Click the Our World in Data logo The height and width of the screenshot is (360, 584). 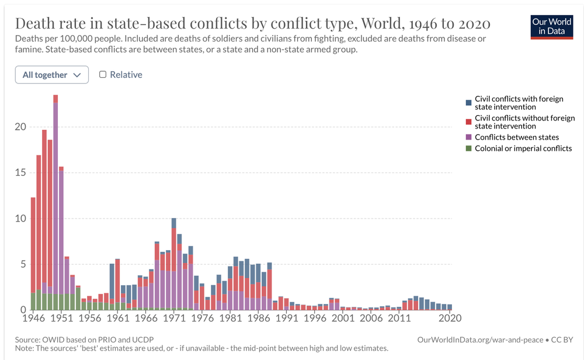pos(551,25)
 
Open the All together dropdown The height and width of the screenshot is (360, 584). pos(52,75)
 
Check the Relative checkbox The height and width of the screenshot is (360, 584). pos(103,75)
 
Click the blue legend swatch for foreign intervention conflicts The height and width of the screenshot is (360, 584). pos(468,103)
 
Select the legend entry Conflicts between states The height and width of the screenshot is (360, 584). pos(517,137)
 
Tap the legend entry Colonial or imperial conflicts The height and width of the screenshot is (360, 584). pos(523,148)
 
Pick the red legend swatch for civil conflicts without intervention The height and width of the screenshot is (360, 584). pos(468,122)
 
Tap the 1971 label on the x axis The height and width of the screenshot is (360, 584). pos(173,319)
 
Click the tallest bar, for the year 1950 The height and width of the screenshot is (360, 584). pos(55,205)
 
